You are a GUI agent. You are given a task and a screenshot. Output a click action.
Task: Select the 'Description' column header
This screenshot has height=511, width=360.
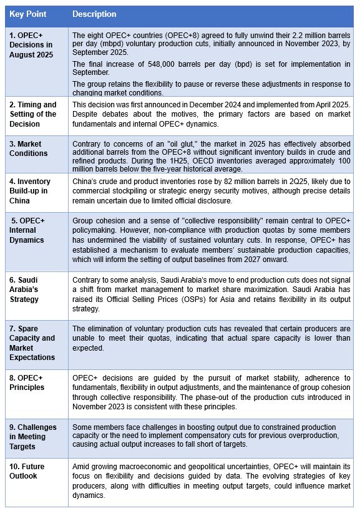(x=94, y=14)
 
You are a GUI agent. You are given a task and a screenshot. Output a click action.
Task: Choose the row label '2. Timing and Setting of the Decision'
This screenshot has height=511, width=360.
(x=32, y=114)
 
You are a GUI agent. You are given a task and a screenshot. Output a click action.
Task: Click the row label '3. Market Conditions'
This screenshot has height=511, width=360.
(x=29, y=148)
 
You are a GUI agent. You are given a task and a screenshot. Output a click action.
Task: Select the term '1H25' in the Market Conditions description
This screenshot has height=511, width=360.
(x=166, y=160)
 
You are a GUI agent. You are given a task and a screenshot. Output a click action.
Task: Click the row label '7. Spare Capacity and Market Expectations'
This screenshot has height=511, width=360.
(x=32, y=348)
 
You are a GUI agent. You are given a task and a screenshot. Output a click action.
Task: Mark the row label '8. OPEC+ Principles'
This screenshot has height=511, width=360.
(x=27, y=382)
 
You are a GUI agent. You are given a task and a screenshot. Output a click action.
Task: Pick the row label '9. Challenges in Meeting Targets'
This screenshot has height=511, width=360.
(x=33, y=437)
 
